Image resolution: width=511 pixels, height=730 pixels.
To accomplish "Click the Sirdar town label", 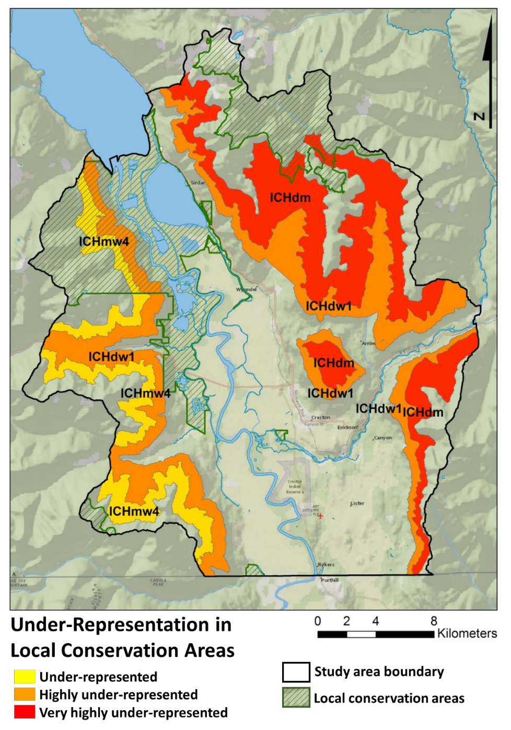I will [198, 182].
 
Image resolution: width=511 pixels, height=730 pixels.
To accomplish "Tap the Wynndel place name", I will [246, 289].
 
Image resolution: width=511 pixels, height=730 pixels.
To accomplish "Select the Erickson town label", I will [347, 427].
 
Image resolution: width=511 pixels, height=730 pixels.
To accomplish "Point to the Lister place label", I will [357, 504].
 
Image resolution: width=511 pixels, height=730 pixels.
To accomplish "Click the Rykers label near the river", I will [326, 565].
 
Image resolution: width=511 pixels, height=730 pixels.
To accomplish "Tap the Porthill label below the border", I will [330, 580].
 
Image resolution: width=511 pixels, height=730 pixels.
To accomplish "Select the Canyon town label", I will [382, 438].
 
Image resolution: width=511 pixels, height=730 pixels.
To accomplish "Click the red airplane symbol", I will [320, 516].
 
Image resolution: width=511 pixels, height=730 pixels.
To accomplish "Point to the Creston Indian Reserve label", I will [295, 486].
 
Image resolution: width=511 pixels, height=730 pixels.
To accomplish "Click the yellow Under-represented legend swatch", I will [25, 677].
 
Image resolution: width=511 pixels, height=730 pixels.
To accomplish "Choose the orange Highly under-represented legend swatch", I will [25, 694].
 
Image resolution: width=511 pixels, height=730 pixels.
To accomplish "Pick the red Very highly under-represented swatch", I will [25, 712].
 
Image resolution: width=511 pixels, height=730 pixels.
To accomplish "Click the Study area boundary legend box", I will [296, 672].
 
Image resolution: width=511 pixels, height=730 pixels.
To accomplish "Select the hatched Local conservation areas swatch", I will [296, 698].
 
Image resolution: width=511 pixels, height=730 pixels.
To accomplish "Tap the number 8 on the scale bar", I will [434, 621].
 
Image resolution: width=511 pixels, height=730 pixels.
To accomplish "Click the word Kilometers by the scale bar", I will [467, 634].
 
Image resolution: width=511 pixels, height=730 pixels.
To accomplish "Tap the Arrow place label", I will [368, 344].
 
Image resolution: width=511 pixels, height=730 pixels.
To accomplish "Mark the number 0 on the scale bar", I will [318, 621].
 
